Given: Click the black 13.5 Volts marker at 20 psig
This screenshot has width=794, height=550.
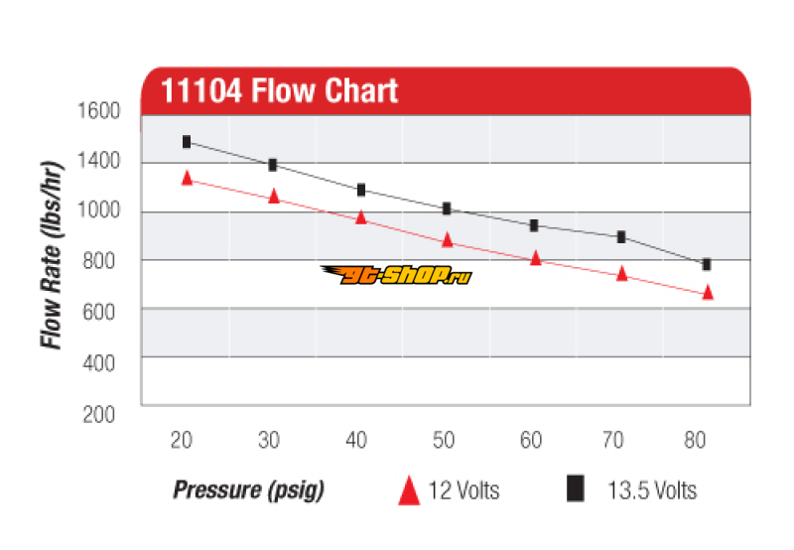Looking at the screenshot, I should click(187, 142).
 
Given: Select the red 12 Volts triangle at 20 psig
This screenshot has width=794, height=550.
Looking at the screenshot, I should click(187, 178).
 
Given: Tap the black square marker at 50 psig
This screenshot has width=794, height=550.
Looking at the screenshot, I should click(448, 208).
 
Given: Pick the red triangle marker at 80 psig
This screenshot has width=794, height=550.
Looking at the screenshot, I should click(708, 292).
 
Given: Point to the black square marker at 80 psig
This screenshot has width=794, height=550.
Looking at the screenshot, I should click(707, 264).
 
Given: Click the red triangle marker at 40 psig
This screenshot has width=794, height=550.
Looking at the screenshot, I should click(361, 216).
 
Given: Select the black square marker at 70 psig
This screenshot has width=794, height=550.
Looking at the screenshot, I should click(621, 237).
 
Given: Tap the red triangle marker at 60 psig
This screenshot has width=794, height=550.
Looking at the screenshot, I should click(535, 258).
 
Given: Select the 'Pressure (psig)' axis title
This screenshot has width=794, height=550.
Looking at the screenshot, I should click(249, 489).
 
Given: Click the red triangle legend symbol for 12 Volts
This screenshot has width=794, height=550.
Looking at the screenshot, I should click(408, 489).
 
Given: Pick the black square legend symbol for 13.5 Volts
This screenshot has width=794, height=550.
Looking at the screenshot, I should click(575, 487).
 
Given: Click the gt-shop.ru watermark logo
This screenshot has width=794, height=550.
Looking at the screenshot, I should click(396, 275).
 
